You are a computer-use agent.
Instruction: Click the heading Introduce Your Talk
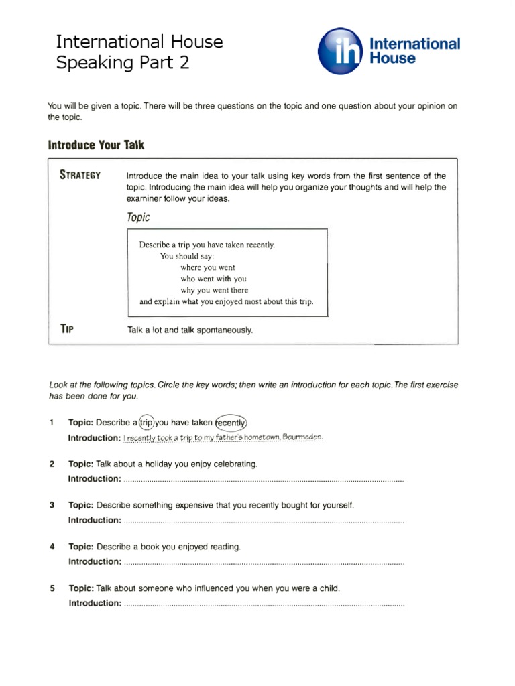point(96,145)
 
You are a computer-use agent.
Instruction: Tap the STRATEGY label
point(80,176)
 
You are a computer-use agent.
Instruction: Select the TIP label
point(66,328)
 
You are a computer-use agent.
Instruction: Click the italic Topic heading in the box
point(138,218)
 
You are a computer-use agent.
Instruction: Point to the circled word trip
point(146,423)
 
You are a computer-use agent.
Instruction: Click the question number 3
point(52,505)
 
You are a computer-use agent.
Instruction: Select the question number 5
point(52,588)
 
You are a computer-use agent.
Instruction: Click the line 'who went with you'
point(213,279)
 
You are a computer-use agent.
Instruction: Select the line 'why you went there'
point(214,290)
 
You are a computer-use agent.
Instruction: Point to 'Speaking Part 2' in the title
point(122,63)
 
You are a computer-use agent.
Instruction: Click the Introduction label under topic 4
point(95,561)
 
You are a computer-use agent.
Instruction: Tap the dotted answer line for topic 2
point(264,479)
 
